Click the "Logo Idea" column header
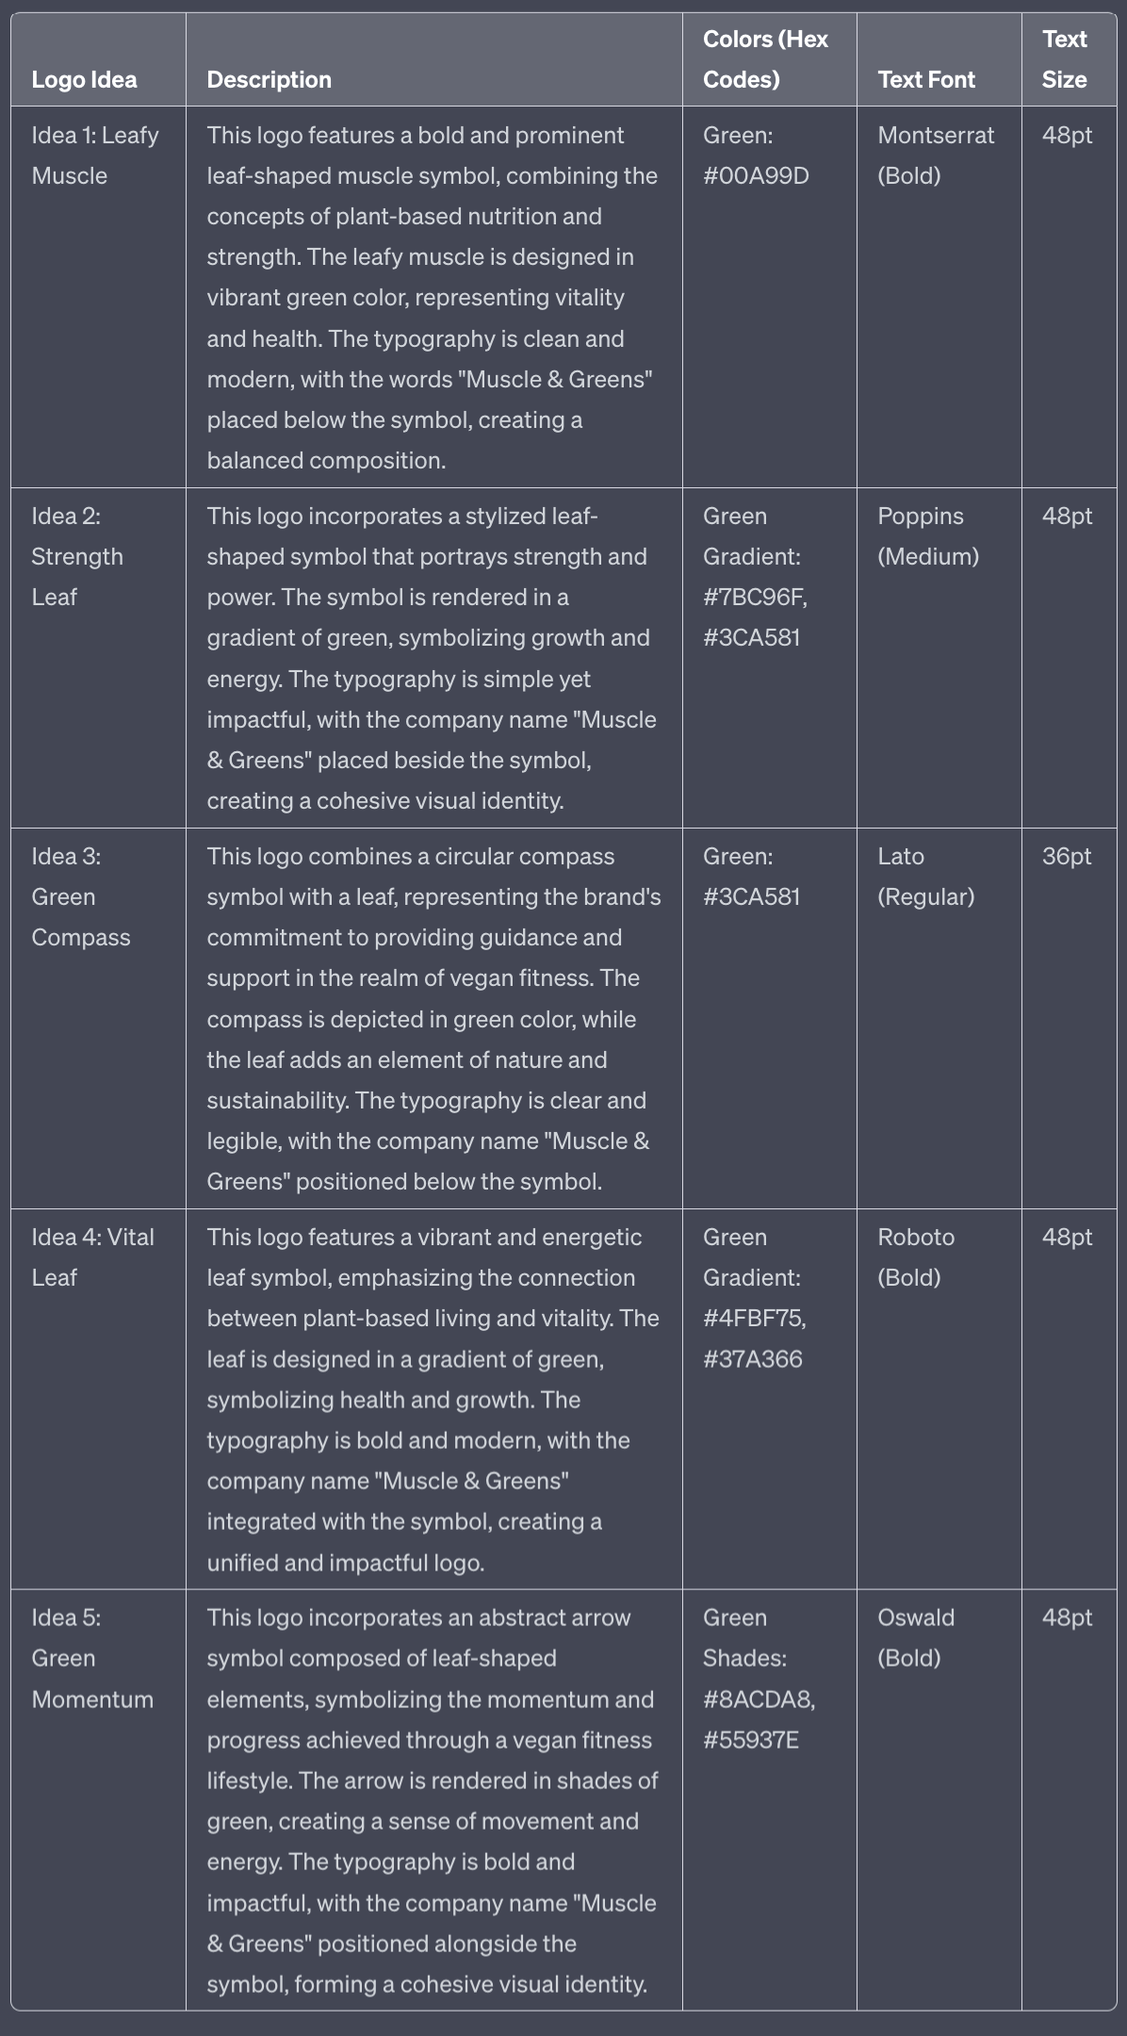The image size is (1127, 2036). tap(84, 79)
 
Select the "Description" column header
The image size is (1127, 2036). tap(269, 79)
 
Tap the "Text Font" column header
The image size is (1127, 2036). tap(925, 79)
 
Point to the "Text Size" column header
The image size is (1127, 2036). tap(1065, 59)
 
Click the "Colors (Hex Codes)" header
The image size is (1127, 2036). tap(765, 59)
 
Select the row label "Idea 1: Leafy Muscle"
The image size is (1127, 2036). tap(94, 156)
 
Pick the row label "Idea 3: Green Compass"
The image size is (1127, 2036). tap(80, 896)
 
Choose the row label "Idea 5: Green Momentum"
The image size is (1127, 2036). tap(91, 1658)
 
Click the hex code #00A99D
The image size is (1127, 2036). tap(756, 176)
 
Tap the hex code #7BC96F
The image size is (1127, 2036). tap(754, 598)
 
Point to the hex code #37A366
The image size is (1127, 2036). tap(752, 1359)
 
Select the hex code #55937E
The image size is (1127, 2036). tap(750, 1740)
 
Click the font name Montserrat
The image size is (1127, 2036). tap(936, 136)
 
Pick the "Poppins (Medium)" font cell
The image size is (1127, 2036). tap(927, 536)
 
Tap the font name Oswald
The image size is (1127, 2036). tap(916, 1617)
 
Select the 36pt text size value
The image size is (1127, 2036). tap(1066, 856)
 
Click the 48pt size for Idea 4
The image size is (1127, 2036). tap(1067, 1237)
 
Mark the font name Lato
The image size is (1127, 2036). tap(901, 856)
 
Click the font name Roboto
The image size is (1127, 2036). tap(916, 1237)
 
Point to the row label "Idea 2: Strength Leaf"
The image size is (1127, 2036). tap(76, 556)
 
